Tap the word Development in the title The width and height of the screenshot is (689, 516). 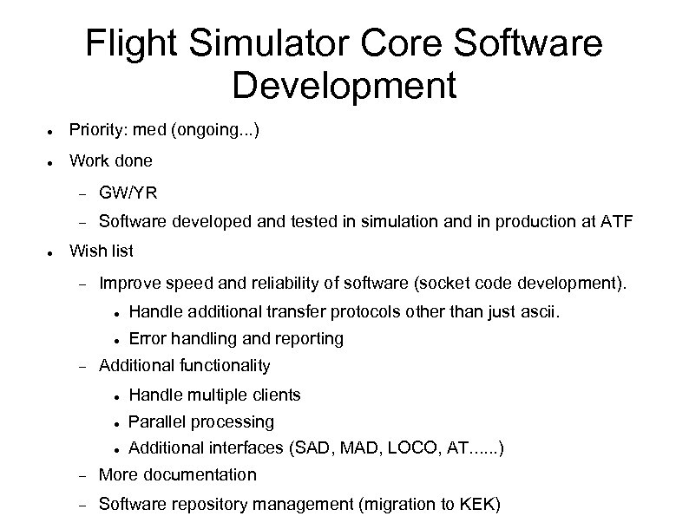344,85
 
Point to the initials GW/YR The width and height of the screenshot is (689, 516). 128,192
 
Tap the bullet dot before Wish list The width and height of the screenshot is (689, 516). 52,252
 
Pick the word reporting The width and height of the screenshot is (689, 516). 308,338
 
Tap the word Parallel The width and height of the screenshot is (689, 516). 157,422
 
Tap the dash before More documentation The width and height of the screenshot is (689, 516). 83,475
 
